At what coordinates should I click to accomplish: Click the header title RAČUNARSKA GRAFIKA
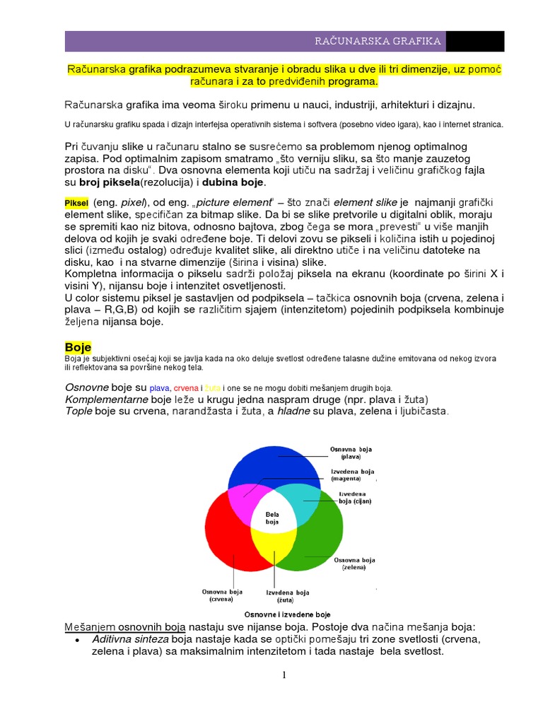pos(378,41)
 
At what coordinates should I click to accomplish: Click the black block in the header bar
pos(466,41)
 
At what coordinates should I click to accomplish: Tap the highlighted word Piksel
pos(76,203)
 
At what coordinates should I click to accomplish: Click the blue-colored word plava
pos(160,388)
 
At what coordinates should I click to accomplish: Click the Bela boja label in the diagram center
pos(272,518)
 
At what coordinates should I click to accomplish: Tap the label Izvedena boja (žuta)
pos(288,595)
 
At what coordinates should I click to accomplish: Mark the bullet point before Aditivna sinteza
pos(76,640)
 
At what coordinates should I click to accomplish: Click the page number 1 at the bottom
pos(284,675)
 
